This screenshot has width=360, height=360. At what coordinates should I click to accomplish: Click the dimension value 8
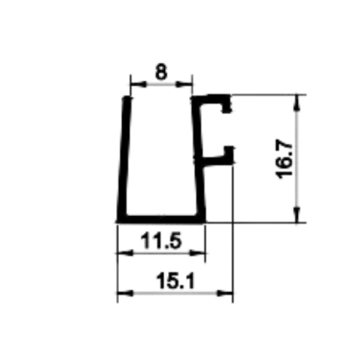(x=162, y=72)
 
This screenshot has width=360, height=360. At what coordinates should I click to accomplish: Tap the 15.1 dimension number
(x=176, y=280)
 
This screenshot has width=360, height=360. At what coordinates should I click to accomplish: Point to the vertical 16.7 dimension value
(x=284, y=160)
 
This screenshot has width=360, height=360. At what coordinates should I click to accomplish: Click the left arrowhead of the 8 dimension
(x=138, y=84)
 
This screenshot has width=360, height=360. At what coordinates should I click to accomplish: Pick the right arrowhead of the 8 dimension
(x=185, y=84)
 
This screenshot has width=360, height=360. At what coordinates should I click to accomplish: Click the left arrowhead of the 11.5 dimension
(x=125, y=253)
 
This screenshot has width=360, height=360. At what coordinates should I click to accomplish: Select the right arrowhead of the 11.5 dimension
(x=198, y=253)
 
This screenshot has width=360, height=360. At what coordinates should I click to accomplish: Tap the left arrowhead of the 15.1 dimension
(x=125, y=293)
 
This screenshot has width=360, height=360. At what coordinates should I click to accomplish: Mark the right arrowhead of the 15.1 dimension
(x=224, y=293)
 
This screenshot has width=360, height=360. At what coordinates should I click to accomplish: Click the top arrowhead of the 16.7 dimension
(x=297, y=102)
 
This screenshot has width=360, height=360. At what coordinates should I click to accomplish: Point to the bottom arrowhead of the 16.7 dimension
(x=297, y=215)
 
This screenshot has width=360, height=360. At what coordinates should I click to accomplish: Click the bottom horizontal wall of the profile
(x=161, y=219)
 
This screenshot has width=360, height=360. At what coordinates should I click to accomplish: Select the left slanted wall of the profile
(x=123, y=159)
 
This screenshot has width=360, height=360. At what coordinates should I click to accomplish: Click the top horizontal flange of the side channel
(x=211, y=99)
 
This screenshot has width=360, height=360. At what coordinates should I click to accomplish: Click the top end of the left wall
(x=126, y=97)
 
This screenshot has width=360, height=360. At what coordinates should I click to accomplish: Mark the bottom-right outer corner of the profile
(x=205, y=223)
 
